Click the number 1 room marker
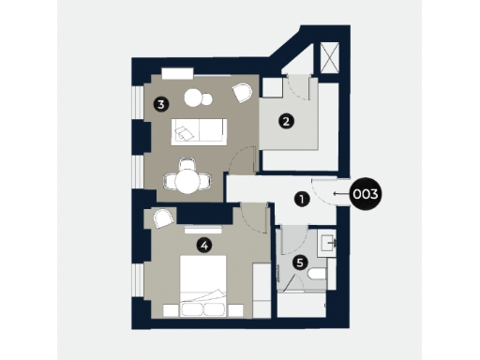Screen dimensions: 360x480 [301, 199]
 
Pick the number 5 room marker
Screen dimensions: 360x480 [299, 263]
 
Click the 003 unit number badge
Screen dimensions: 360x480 [365, 195]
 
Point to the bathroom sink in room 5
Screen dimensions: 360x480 [327, 243]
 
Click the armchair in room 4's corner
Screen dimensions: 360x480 [162, 219]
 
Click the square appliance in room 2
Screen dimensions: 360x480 [273, 90]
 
